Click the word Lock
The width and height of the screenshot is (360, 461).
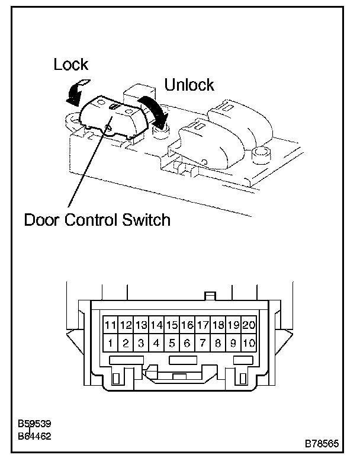click(70, 65)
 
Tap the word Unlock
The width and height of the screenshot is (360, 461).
click(189, 85)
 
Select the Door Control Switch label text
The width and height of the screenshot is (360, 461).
click(97, 220)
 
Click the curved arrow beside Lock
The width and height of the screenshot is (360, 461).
click(76, 90)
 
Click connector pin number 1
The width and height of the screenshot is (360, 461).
click(110, 342)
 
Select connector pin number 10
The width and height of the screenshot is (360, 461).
click(249, 342)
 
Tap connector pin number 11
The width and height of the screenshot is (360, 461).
click(110, 325)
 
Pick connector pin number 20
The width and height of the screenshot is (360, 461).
click(249, 325)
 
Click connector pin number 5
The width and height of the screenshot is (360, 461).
click(172, 342)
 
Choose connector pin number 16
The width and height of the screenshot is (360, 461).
click(187, 325)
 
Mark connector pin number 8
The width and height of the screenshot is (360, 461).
click(218, 342)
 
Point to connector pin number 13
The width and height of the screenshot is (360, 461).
click(141, 325)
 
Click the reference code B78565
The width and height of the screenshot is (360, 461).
click(323, 443)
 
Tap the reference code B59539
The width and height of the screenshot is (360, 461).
click(35, 424)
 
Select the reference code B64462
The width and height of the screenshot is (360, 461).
click(35, 436)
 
